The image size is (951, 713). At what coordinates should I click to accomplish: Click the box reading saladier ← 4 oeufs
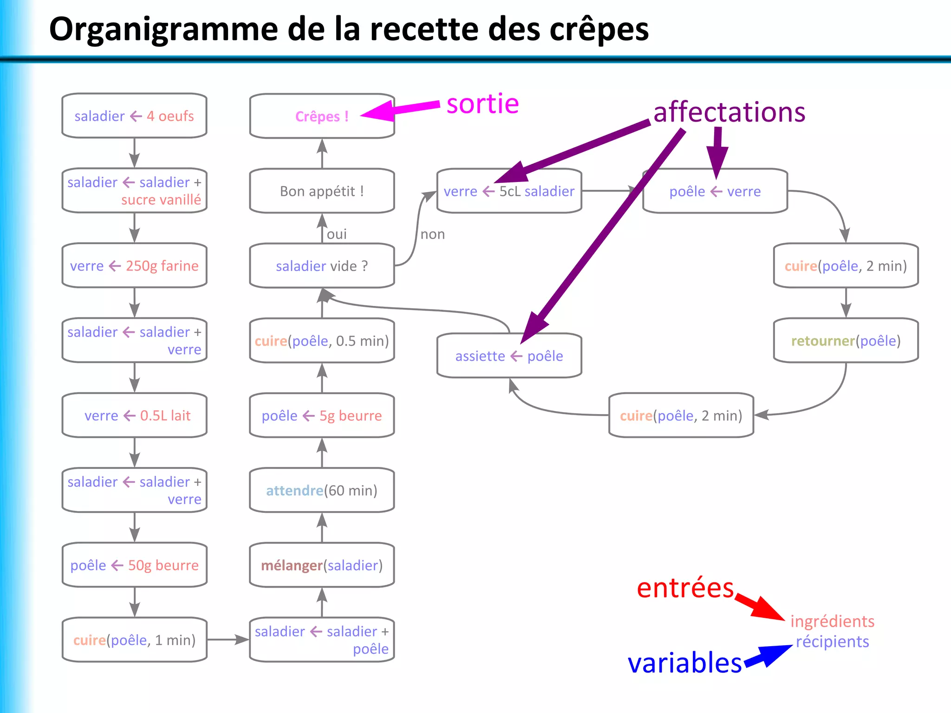(x=134, y=116)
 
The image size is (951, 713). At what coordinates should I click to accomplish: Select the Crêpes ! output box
(x=321, y=116)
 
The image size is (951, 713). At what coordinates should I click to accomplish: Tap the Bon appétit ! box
(x=321, y=191)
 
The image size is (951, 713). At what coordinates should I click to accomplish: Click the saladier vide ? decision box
(x=321, y=266)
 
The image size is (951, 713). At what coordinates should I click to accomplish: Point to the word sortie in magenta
(x=482, y=104)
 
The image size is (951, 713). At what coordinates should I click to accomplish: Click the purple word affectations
(x=729, y=112)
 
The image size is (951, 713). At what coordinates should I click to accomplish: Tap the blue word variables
(x=684, y=662)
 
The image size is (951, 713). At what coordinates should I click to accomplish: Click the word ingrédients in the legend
(x=832, y=621)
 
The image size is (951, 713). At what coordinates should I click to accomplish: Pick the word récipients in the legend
(x=832, y=642)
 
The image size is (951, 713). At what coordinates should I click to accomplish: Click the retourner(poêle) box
(x=846, y=341)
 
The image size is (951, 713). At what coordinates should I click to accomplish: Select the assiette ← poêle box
(x=509, y=356)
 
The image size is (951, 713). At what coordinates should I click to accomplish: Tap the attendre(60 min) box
(x=321, y=490)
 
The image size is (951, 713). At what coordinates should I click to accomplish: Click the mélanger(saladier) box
(x=321, y=565)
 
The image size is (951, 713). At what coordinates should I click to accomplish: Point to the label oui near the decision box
(x=337, y=234)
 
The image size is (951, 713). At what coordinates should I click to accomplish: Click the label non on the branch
(x=432, y=234)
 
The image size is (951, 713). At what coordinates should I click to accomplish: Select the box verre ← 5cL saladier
(x=509, y=191)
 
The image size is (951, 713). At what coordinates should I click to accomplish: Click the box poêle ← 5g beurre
(x=321, y=415)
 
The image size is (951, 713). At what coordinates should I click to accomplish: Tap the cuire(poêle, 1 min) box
(x=134, y=640)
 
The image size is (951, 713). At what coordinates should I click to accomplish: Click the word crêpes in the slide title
(x=599, y=30)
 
